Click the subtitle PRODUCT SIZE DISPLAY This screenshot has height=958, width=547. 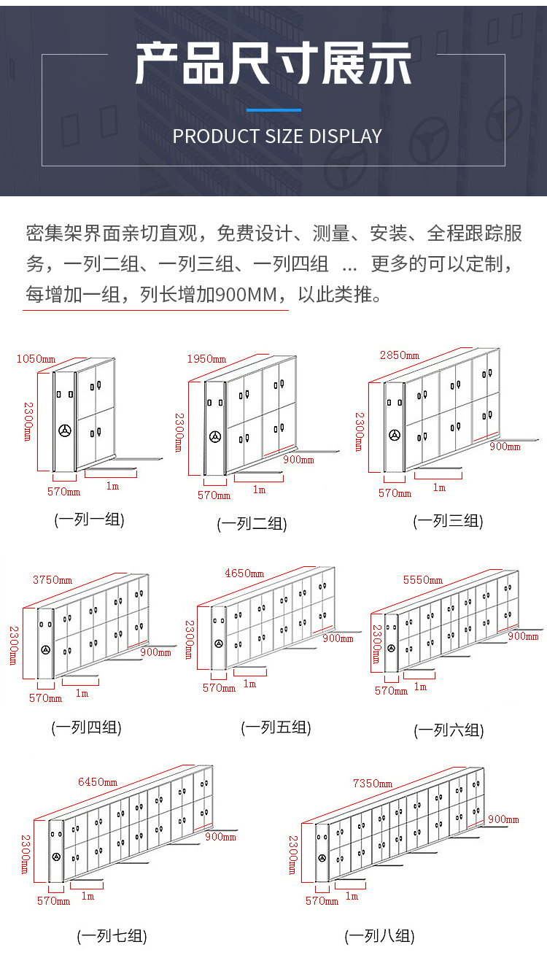pyautogui.click(x=277, y=136)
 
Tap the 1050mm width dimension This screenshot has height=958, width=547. pyautogui.click(x=36, y=358)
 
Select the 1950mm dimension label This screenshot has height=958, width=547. pyautogui.click(x=207, y=359)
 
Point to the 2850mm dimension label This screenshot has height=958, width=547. pyautogui.click(x=399, y=355)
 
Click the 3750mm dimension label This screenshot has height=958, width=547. pyautogui.click(x=52, y=580)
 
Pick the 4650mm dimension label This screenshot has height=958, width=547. pyautogui.click(x=244, y=573)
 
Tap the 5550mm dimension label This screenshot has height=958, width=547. pyautogui.click(x=422, y=580)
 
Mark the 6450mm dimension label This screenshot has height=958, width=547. pyautogui.click(x=97, y=782)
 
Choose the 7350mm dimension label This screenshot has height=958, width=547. pyautogui.click(x=372, y=784)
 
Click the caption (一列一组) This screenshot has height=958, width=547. pyautogui.click(x=89, y=520)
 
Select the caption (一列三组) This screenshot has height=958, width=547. pyautogui.click(x=448, y=521)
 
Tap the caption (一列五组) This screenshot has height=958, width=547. pyautogui.click(x=276, y=727)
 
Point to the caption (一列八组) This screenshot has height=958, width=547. pyautogui.click(x=379, y=936)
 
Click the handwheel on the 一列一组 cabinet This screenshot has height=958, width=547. pyautogui.click(x=66, y=430)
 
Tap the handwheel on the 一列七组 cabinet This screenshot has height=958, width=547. pyautogui.click(x=56, y=857)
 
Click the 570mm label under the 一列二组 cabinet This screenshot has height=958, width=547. pyautogui.click(x=214, y=495)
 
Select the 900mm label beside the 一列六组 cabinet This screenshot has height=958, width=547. pyautogui.click(x=523, y=636)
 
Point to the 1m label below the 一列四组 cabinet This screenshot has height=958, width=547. pyautogui.click(x=82, y=692)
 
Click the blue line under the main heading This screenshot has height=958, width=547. pyautogui.click(x=273, y=110)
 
